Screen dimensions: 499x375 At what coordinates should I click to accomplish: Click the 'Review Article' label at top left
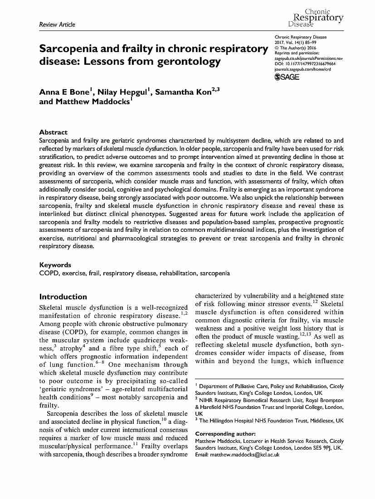(x=57, y=24)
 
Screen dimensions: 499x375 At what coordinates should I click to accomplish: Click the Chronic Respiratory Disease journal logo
(x=316, y=17)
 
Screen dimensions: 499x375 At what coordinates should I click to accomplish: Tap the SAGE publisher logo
(x=287, y=77)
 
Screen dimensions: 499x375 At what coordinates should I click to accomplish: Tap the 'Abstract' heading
(x=54, y=132)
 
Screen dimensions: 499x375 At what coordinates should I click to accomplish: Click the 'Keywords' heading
(x=55, y=265)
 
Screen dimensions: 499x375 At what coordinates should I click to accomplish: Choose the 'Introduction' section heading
(x=63, y=297)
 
